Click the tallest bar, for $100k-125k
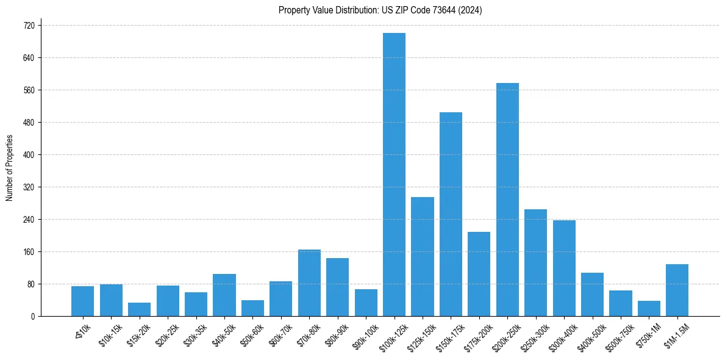[x=394, y=175]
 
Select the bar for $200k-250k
[x=507, y=200]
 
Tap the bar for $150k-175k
[x=451, y=214]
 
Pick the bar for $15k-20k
[x=139, y=309]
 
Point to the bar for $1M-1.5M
[x=677, y=290]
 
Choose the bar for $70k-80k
[x=309, y=283]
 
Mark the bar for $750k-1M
[x=649, y=308]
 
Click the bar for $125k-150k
[x=423, y=256]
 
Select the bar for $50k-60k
[x=252, y=308]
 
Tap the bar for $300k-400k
[x=564, y=268]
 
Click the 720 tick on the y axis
[x=29, y=26]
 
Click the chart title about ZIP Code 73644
[x=380, y=10]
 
